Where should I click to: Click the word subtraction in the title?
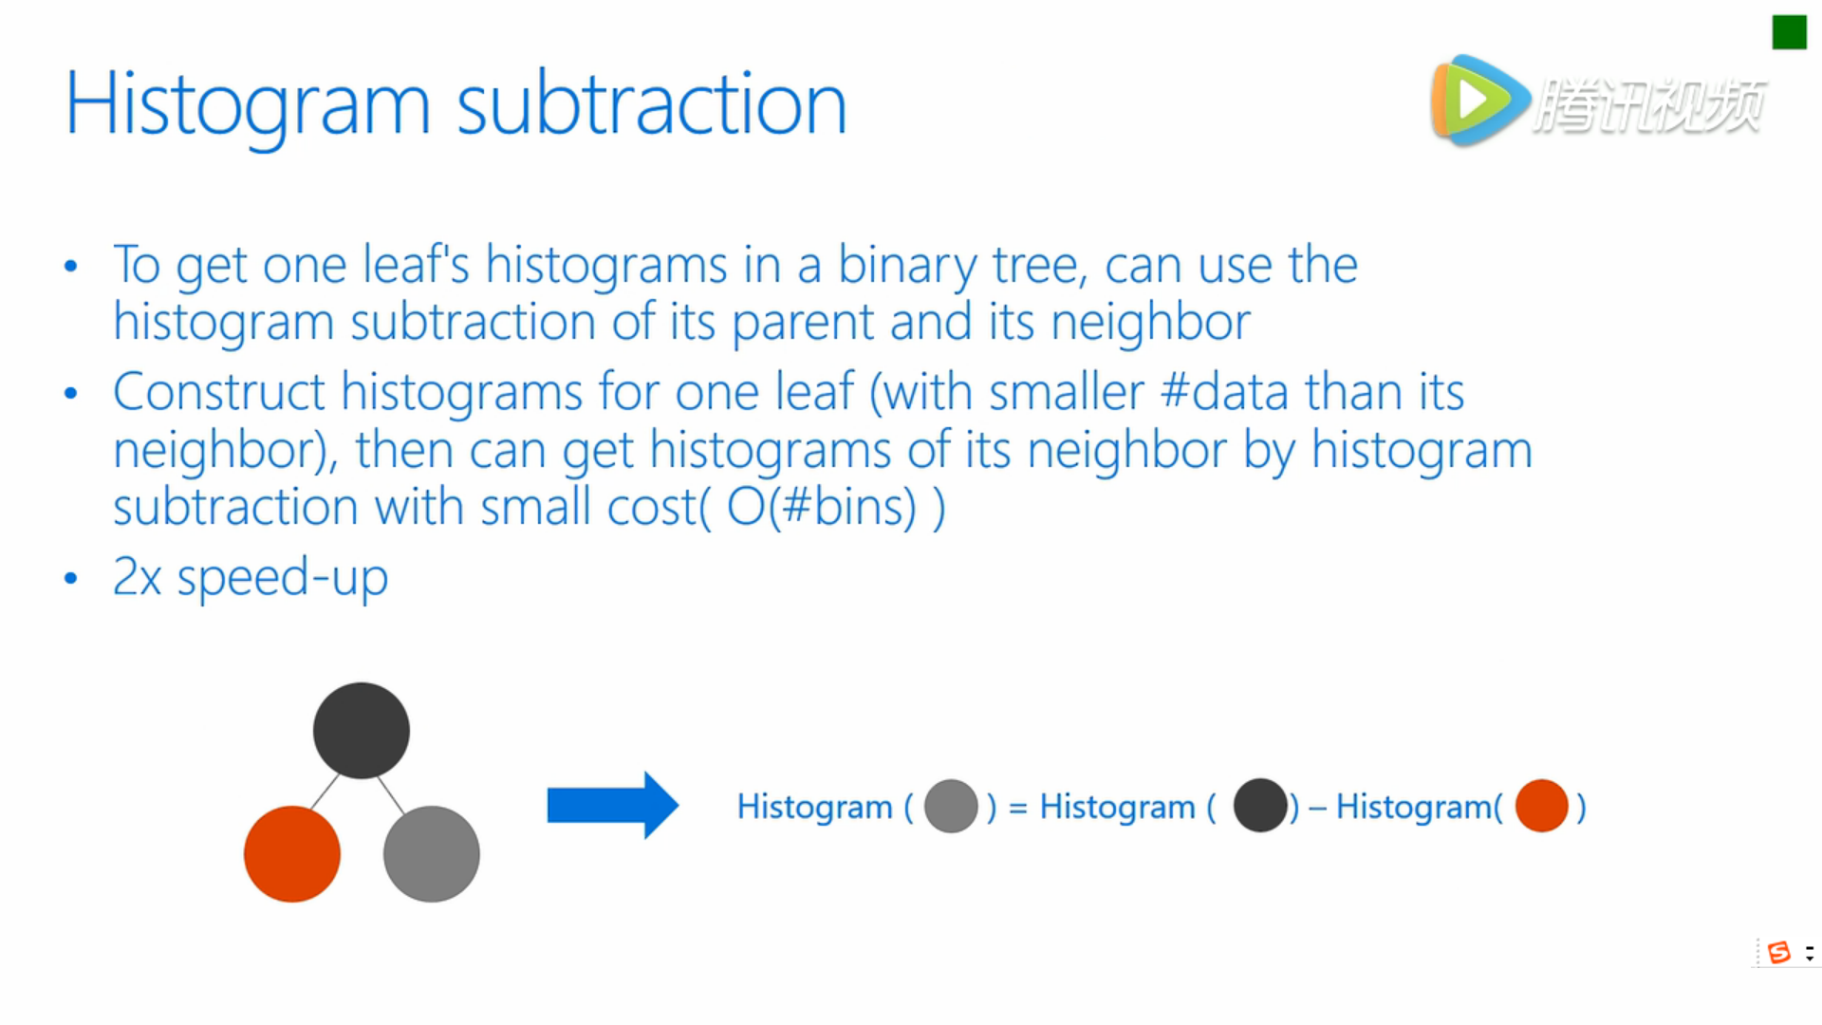pos(652,103)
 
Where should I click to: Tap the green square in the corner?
pos(1789,32)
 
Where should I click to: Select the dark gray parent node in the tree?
pos(362,731)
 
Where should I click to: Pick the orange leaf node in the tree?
pos(292,854)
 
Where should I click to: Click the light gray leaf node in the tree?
pos(432,854)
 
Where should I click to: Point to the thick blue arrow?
pos(613,806)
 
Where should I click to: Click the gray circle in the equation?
pos(951,806)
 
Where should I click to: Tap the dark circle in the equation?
pos(1260,806)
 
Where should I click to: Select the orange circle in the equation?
pos(1542,806)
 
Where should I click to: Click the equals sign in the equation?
pos(1018,808)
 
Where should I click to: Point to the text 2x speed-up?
pos(251,577)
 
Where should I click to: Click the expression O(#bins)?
pos(822,507)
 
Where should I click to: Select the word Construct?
pos(219,391)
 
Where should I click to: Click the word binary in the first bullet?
pos(907,266)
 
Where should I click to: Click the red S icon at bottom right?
pos(1779,952)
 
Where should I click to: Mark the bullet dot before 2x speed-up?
pos(71,578)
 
